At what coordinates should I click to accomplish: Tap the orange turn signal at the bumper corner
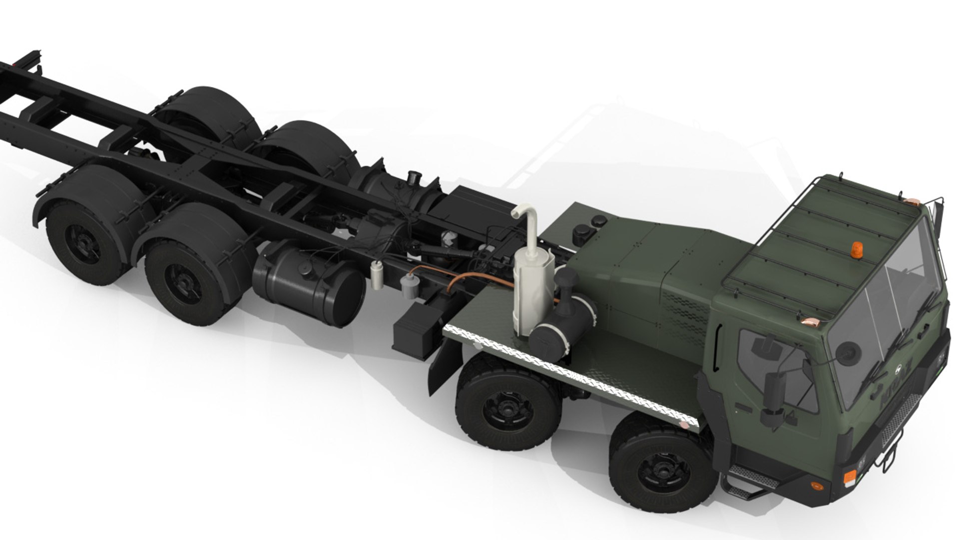point(849,477)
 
